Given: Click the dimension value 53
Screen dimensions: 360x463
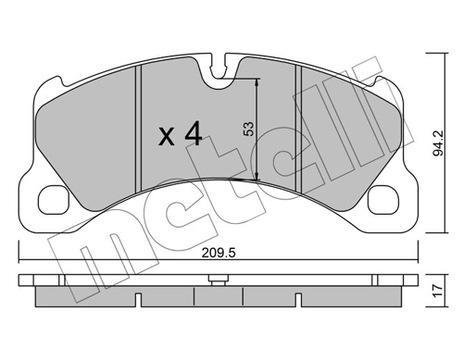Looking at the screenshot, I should (x=247, y=130).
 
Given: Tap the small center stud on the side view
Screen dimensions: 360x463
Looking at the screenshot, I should (x=218, y=277).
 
